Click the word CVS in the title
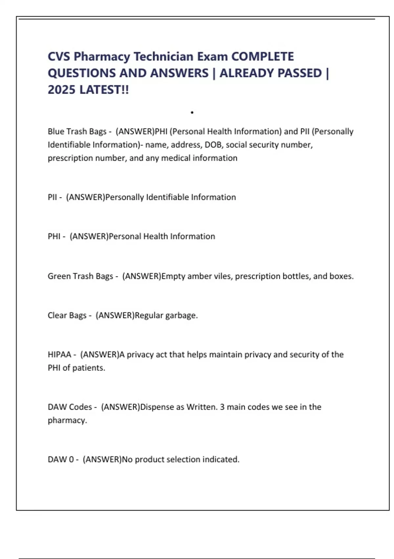coord(59,57)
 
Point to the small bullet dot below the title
coord(192,112)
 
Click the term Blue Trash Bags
coord(77,132)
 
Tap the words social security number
coord(269,145)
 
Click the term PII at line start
coord(52,197)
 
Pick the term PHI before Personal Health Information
coord(54,236)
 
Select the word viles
coord(223,276)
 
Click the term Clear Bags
coord(67,315)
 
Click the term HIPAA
coord(59,354)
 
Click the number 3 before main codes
coord(222,407)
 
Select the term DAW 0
coord(61,459)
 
